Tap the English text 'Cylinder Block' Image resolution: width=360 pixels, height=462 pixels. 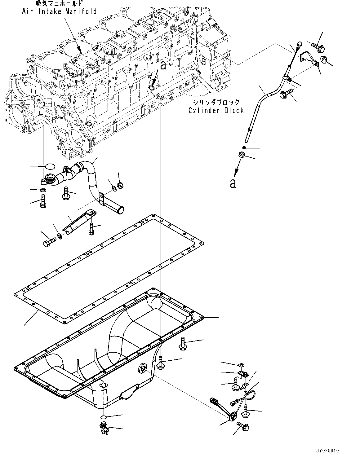point(216,110)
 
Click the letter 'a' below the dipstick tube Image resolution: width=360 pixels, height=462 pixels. point(233,183)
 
